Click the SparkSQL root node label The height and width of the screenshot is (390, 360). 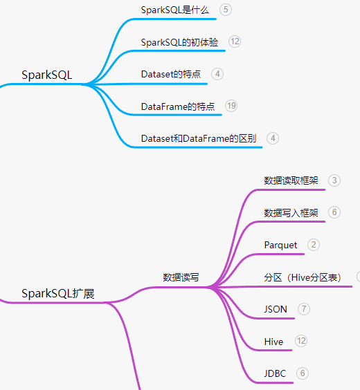[x=47, y=75]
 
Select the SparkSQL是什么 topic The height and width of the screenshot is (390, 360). [x=174, y=10]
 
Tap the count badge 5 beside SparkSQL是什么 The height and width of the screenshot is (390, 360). [x=226, y=10]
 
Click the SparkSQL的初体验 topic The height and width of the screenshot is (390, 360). [x=179, y=42]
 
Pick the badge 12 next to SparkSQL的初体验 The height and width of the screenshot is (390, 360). [x=235, y=41]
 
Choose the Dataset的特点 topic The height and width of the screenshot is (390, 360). [x=171, y=74]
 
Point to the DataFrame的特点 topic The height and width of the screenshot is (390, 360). [x=178, y=106]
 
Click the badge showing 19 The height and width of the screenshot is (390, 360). [x=231, y=106]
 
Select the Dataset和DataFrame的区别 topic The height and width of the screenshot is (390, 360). [x=199, y=138]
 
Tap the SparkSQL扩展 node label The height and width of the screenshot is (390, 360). [x=58, y=293]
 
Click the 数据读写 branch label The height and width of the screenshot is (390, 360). [x=181, y=277]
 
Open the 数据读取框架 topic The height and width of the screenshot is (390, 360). [x=291, y=180]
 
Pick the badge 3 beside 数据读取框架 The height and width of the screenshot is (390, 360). [x=334, y=180]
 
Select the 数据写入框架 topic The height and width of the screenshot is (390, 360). [x=291, y=213]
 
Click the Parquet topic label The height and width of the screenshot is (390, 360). [x=280, y=245]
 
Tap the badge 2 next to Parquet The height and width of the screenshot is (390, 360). [x=314, y=245]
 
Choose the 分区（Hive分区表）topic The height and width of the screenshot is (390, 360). [x=303, y=277]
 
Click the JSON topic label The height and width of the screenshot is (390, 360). [x=276, y=309]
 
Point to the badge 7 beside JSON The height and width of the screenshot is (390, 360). [x=304, y=309]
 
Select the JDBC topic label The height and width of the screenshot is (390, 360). [x=275, y=373]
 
